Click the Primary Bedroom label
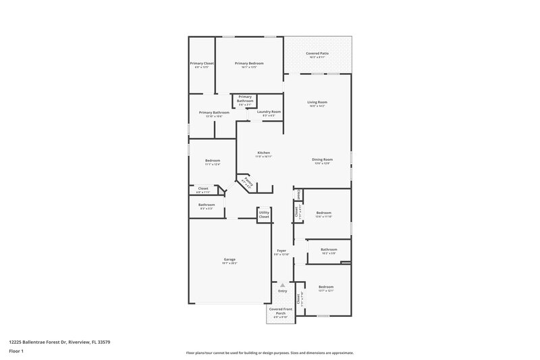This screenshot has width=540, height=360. click(x=249, y=63)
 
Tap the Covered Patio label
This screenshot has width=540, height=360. click(x=317, y=53)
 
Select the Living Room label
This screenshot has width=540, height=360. click(x=317, y=102)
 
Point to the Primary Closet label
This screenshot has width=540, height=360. click(x=202, y=63)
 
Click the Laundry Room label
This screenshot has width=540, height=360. click(x=269, y=111)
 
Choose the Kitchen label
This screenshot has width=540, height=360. click(x=264, y=153)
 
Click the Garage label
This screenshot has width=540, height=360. click(x=230, y=259)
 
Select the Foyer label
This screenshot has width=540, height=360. click(x=281, y=250)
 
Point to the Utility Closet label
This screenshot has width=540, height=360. click(x=264, y=214)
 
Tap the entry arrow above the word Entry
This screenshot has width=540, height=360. click(x=282, y=285)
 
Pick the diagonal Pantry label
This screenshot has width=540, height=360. click(x=248, y=182)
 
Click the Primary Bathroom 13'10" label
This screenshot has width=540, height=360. click(x=214, y=113)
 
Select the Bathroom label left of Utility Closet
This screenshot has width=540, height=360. click(x=207, y=205)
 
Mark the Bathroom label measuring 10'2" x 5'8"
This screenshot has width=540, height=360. click(x=329, y=249)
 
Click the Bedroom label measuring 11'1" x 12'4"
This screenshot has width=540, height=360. click(x=213, y=160)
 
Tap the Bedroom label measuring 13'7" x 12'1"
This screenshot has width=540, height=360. click(x=326, y=287)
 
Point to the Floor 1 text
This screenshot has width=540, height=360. click(x=16, y=352)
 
